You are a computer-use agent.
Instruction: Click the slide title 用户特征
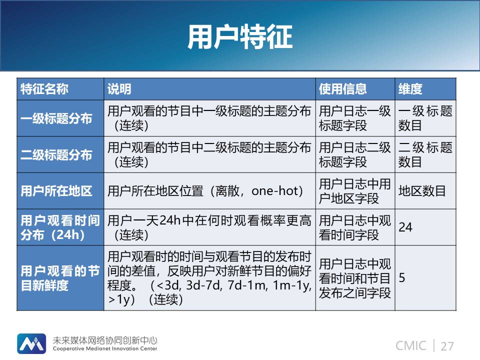(x=240, y=36)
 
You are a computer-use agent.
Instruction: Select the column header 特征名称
(x=44, y=89)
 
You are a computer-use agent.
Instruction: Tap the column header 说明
(x=119, y=89)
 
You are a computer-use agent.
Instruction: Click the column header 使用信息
(x=342, y=89)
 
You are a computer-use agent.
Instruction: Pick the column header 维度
(x=410, y=89)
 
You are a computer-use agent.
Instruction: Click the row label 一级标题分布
(x=56, y=118)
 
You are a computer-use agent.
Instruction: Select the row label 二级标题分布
(x=56, y=155)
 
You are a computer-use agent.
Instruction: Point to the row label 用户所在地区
(x=56, y=191)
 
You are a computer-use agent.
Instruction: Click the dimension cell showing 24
(x=405, y=227)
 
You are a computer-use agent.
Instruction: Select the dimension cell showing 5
(x=402, y=278)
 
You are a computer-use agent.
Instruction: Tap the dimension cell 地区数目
(x=422, y=191)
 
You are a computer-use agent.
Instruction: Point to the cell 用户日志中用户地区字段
(x=355, y=191)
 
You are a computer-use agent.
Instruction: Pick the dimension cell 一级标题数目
(x=425, y=118)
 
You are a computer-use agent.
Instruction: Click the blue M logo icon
(x=31, y=344)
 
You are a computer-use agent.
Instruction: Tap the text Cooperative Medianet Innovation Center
(x=105, y=348)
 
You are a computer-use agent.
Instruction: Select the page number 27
(x=447, y=346)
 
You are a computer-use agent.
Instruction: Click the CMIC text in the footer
(x=411, y=346)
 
